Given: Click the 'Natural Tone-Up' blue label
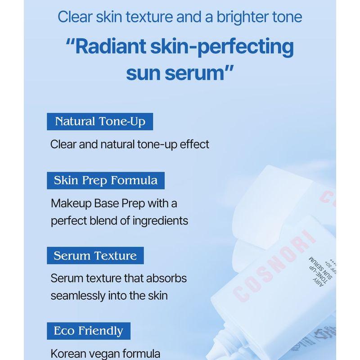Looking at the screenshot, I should tap(99, 121).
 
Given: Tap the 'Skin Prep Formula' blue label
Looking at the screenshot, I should tap(106, 180).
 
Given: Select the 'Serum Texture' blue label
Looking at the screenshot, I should tap(95, 256).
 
